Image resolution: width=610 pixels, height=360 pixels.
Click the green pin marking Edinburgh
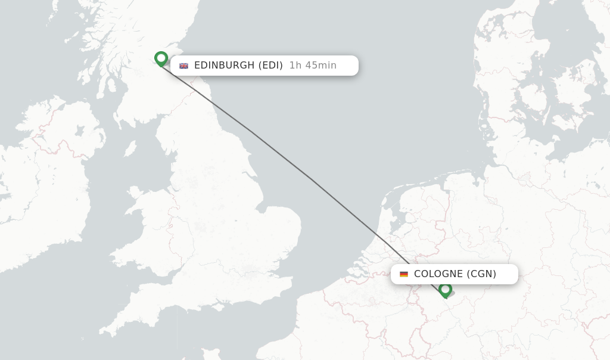point(161,58)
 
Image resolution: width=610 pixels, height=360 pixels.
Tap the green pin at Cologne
point(445,290)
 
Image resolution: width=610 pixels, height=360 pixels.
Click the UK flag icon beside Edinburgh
point(184,66)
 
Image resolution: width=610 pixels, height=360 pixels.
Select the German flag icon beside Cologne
point(404,274)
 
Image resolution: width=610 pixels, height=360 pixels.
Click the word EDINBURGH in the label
point(225,66)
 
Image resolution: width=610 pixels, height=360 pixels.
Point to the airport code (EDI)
point(270,66)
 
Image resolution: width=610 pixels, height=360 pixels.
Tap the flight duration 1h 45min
point(313,66)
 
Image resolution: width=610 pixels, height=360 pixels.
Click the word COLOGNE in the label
point(438,274)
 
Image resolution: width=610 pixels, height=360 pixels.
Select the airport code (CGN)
point(481,274)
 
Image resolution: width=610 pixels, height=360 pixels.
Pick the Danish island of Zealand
point(569,113)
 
